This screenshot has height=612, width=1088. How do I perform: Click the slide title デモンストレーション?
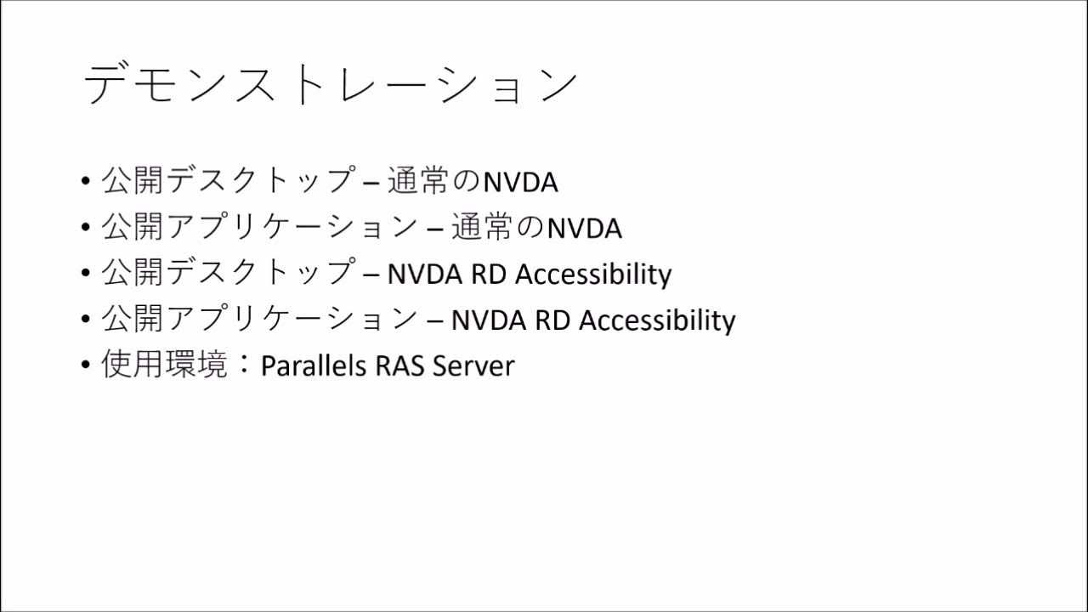tap(331, 85)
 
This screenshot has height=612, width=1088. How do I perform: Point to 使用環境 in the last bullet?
tap(164, 365)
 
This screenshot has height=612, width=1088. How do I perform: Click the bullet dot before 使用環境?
tap(85, 365)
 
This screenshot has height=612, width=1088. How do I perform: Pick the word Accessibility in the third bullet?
tap(593, 274)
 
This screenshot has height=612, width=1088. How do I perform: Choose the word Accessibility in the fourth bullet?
tap(657, 320)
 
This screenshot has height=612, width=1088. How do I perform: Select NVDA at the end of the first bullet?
tap(520, 182)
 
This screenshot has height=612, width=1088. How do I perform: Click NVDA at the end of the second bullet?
tap(584, 228)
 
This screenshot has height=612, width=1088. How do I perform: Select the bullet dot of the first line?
tap(85, 182)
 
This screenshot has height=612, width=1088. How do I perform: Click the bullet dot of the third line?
tap(85, 274)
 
